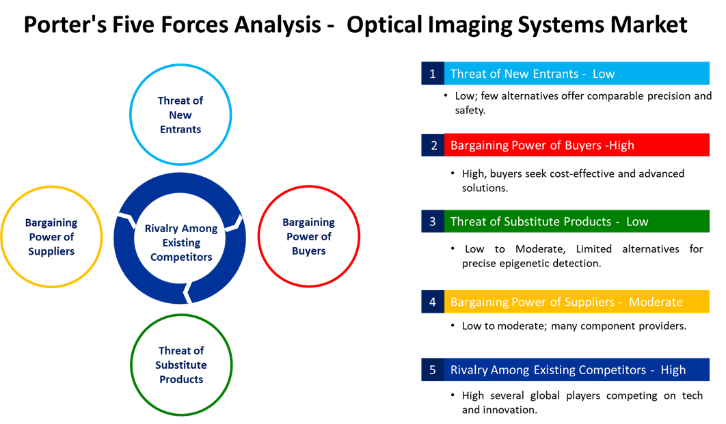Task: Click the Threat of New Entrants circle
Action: click(x=180, y=115)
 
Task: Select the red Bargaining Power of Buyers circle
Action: click(x=308, y=236)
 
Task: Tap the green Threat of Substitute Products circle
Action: click(x=181, y=365)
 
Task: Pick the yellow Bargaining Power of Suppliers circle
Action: click(x=51, y=237)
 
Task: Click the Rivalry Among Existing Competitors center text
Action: click(x=181, y=242)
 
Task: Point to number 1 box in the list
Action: click(x=432, y=74)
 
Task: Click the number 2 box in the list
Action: click(x=432, y=145)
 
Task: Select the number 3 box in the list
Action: click(x=432, y=221)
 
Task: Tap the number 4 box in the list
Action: click(x=432, y=302)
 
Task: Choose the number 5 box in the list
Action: click(x=432, y=370)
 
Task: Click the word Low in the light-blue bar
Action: click(x=604, y=74)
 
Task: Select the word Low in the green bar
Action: click(x=637, y=221)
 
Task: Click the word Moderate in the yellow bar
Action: click(x=656, y=302)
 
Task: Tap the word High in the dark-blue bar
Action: click(x=673, y=370)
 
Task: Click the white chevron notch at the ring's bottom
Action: click(x=187, y=292)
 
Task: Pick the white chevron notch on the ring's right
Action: click(x=234, y=223)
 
